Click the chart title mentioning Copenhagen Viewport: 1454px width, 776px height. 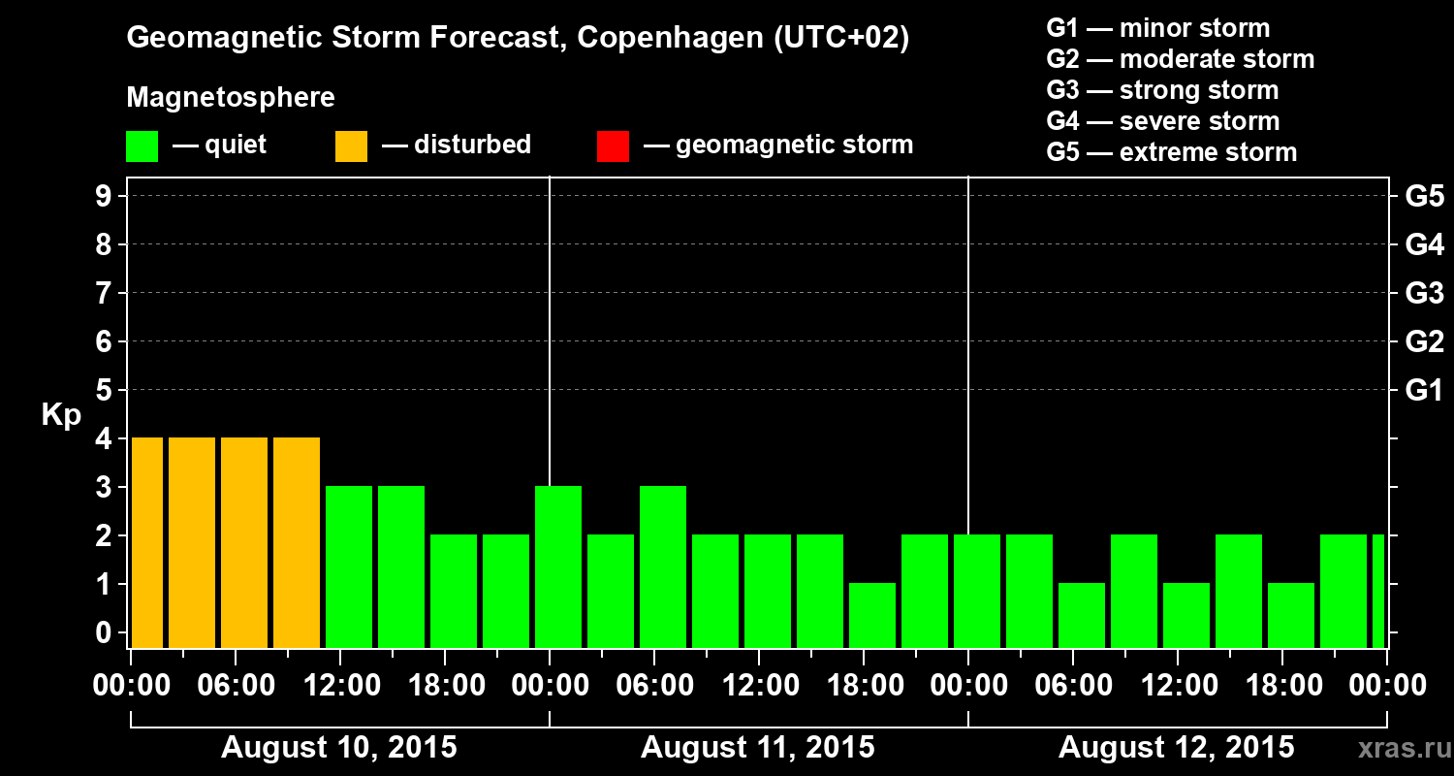coord(518,39)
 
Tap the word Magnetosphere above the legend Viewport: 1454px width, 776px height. coord(231,98)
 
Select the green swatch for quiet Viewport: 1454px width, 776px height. coord(142,146)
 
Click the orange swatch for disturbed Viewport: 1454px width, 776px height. coord(351,146)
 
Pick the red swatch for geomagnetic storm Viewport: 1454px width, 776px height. coord(613,146)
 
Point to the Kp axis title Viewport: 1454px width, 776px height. coord(61,415)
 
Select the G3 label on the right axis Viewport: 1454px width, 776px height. coord(1424,293)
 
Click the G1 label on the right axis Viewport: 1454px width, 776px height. coord(1424,390)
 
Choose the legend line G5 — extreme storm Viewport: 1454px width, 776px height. coord(1171,152)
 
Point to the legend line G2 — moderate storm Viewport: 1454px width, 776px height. coord(1180,59)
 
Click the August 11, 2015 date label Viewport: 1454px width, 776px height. coord(757,748)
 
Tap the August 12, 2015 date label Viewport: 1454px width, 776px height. coord(1176,748)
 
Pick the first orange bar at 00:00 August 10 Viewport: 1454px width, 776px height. coord(147,542)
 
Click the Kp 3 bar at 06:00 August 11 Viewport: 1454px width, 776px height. coord(663,566)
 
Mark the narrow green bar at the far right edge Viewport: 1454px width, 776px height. coord(1378,591)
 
